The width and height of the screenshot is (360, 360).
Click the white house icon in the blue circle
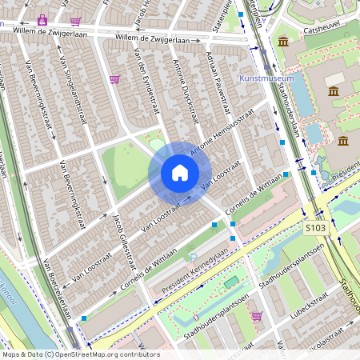coord(180,173)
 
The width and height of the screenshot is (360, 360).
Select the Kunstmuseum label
coord(266,79)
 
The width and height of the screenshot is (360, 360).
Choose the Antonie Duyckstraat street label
coord(186,90)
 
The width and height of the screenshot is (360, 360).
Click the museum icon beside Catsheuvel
coord(282,41)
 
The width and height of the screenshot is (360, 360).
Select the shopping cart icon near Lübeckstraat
coord(256,316)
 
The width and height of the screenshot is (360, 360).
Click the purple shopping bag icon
coord(42,19)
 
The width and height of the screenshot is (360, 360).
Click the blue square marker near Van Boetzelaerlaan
coord(84,318)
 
